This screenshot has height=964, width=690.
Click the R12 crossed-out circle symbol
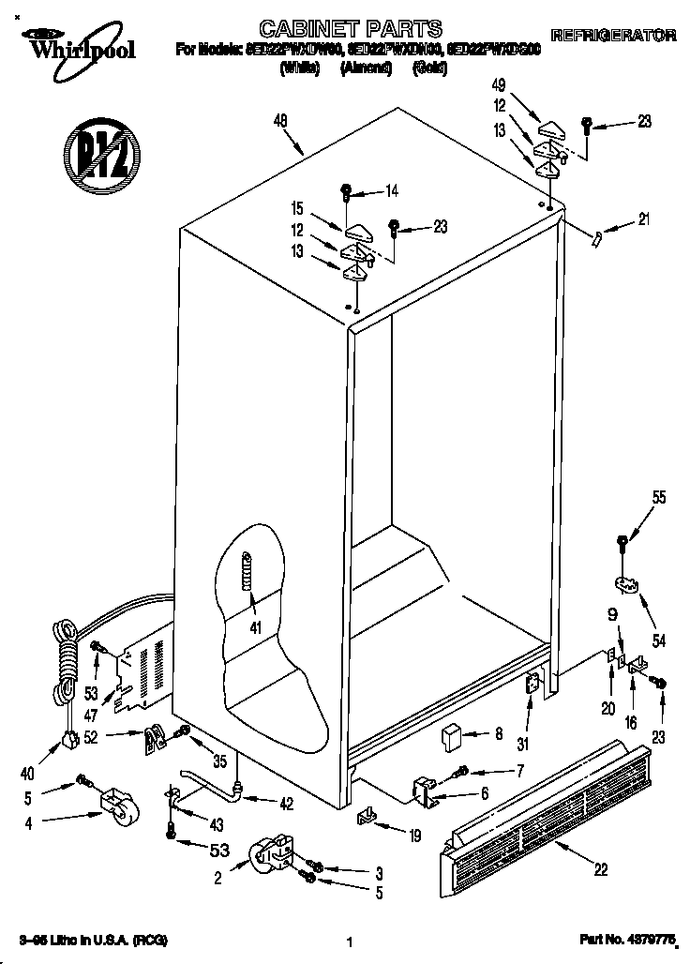pos(101,155)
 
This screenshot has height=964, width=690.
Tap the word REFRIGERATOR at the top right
pos(613,36)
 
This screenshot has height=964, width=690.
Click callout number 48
pos(281,120)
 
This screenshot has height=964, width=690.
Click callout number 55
pos(659,498)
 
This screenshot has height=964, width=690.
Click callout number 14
pos(391,191)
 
